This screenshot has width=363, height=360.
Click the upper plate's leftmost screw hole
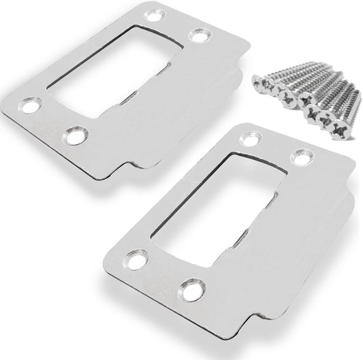point(28,105)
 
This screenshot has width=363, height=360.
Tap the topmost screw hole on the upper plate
point(148,12)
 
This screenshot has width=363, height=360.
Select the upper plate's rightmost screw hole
point(199,35)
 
